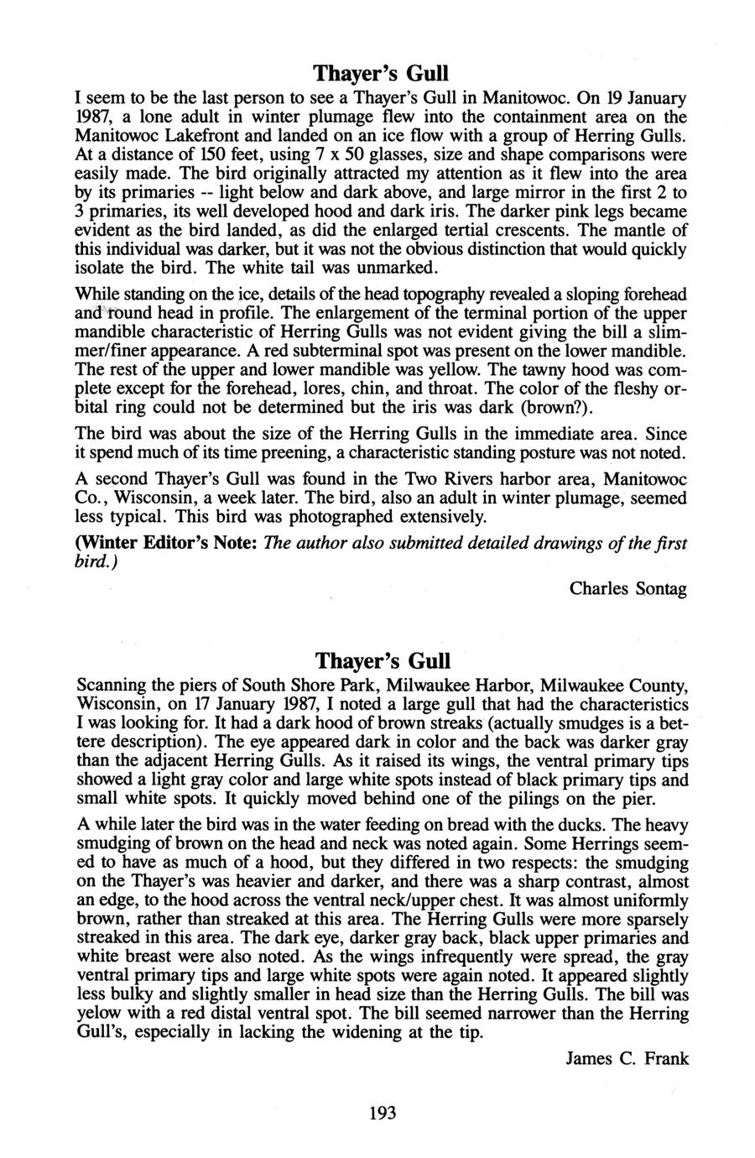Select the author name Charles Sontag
628,588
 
